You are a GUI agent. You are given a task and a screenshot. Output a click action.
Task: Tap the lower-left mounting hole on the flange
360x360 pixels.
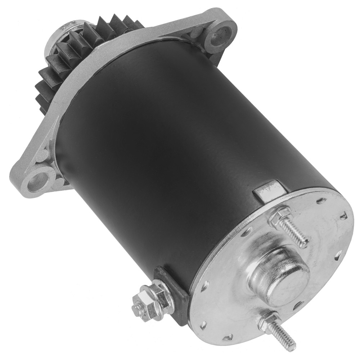(37, 179)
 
